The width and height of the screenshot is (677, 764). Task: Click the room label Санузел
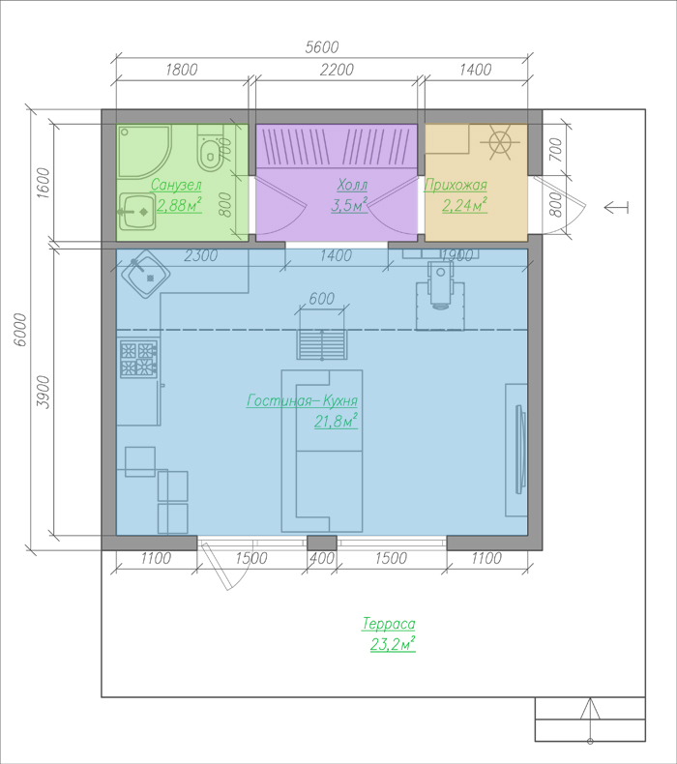[x=176, y=185]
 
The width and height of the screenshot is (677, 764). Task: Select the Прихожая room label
[x=456, y=185]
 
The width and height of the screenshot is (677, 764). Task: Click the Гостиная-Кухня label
[x=302, y=400]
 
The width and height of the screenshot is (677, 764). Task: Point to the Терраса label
[x=389, y=624]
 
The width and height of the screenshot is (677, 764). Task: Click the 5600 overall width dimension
[x=322, y=47]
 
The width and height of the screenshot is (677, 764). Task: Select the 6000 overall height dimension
[x=20, y=330]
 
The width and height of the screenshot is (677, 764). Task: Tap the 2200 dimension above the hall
[x=337, y=70]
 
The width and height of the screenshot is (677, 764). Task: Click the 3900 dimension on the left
[x=44, y=392]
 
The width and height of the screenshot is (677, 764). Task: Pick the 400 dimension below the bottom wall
[x=322, y=558]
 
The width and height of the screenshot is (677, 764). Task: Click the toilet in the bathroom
[x=210, y=148]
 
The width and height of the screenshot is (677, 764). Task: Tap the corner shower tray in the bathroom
[x=144, y=151]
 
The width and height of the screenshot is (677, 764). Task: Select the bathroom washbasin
[x=137, y=212]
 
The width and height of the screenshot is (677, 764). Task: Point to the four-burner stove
[x=138, y=359]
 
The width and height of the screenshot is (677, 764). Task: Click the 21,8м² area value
[x=337, y=421]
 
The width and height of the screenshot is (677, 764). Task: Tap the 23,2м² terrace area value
[x=393, y=644]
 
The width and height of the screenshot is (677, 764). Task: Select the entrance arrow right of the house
[x=616, y=208]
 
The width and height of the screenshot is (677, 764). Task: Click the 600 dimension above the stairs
[x=322, y=298]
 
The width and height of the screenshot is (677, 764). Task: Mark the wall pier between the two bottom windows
[x=322, y=543]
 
